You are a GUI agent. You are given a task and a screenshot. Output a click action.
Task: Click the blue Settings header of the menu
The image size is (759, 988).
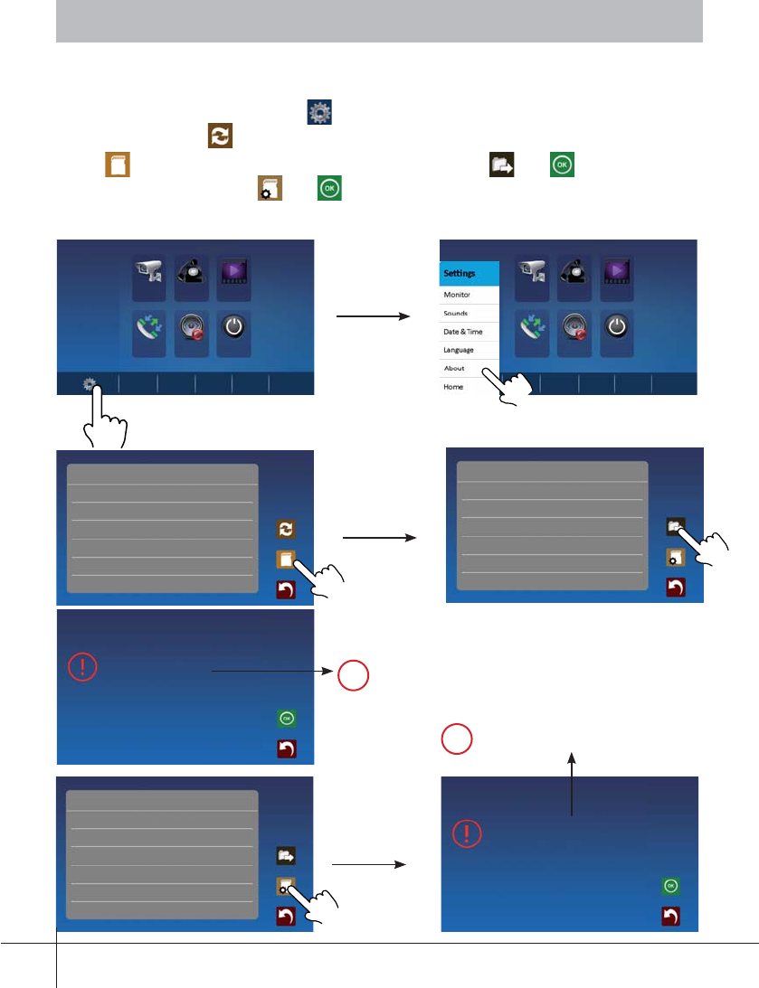tap(470, 272)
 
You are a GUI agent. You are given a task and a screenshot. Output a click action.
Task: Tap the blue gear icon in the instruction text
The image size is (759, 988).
tap(319, 113)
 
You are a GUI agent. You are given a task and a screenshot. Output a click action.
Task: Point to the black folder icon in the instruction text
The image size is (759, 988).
tap(501, 165)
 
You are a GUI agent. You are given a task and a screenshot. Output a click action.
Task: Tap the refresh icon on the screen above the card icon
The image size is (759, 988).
tap(287, 530)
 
